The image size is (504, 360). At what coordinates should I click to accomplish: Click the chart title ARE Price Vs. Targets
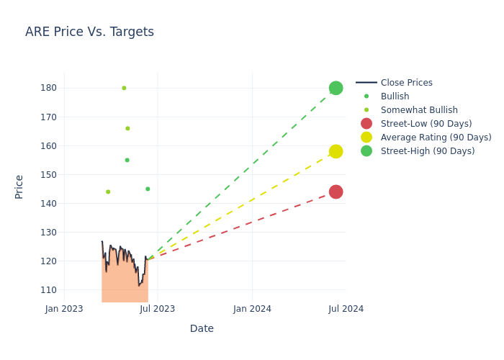89,32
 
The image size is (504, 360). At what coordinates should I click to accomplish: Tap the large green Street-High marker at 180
336,88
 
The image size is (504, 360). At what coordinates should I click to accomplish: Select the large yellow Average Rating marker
336,151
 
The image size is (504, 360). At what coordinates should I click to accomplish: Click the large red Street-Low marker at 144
336,192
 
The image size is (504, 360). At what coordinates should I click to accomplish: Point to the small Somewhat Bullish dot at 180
124,88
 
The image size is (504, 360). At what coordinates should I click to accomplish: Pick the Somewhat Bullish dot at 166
127,128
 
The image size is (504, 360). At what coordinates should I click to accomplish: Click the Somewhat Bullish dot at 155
127,160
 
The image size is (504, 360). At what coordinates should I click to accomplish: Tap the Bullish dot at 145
148,189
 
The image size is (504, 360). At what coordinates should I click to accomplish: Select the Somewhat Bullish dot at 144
108,192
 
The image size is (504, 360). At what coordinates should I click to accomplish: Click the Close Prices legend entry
406,83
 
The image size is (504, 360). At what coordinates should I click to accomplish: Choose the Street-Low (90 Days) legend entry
426,124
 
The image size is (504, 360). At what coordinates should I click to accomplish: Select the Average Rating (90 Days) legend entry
436,138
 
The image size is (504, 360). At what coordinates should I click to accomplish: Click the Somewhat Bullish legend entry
418,110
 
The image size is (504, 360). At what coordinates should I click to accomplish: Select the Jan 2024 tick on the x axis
252,309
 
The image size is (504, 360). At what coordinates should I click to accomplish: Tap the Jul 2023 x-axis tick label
158,309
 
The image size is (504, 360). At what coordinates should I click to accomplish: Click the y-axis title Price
19,186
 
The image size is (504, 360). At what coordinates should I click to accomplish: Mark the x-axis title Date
202,329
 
